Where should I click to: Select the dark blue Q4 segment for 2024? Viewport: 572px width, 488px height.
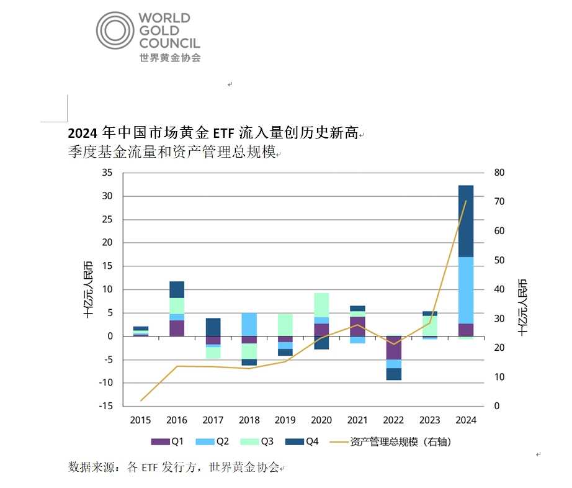(466, 221)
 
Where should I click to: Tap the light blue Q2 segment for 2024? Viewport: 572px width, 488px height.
(466, 290)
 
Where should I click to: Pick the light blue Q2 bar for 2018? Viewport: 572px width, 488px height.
(249, 324)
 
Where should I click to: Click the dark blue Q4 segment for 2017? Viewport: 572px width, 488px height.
(213, 327)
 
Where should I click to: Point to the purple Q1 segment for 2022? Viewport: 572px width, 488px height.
(394, 348)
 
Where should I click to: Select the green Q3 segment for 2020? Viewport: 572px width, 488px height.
(321, 305)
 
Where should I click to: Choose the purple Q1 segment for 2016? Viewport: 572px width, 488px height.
(177, 328)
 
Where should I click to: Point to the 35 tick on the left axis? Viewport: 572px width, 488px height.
(107, 173)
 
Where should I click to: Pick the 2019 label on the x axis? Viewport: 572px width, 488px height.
(285, 420)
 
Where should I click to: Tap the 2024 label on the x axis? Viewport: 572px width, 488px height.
(466, 420)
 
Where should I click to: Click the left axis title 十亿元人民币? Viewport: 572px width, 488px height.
(89, 290)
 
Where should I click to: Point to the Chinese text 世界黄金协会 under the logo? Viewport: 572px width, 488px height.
(170, 58)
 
